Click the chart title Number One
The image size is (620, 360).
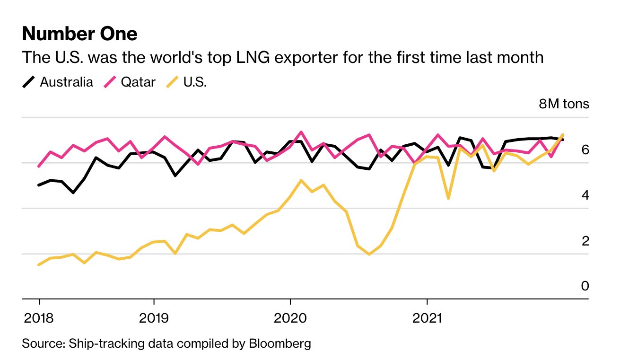79,34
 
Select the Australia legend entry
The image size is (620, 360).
66,82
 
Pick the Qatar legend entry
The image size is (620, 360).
138,82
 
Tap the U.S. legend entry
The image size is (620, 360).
194,82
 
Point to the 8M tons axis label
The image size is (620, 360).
564,104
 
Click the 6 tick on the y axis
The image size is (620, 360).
585,150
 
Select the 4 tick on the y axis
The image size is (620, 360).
585,195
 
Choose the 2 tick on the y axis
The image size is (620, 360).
585,241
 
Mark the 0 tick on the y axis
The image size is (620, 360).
585,286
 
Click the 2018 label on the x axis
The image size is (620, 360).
39,317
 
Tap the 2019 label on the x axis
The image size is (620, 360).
154,317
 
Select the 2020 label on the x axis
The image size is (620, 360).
290,317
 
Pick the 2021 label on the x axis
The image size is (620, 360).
427,317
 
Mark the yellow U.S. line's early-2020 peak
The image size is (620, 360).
301,180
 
